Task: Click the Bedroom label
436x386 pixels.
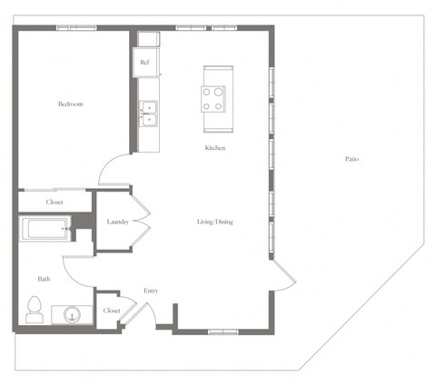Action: [71, 104]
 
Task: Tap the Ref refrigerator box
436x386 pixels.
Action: [145, 63]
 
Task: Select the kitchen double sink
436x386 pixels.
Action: [147, 114]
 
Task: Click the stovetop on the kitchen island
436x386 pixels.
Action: [213, 98]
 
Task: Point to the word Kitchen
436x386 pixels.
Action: [214, 148]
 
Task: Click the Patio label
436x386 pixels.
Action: [352, 159]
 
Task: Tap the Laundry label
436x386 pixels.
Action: [116, 222]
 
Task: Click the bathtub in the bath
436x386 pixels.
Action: [45, 229]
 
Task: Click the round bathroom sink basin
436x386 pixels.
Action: [74, 315]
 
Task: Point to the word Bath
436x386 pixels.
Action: [43, 279]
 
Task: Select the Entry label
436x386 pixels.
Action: [152, 291]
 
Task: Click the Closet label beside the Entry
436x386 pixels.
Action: [112, 311]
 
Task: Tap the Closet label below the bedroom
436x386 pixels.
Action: [54, 202]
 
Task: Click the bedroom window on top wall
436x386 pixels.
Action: [75, 27]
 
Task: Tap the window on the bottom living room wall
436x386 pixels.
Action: [223, 332]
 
